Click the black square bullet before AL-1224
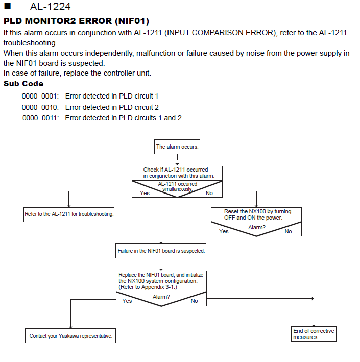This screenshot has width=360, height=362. pyautogui.click(x=7, y=6)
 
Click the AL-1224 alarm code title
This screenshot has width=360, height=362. pyautogui.click(x=50, y=7)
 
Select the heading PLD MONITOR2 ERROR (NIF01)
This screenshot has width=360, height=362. pyautogui.click(x=76, y=21)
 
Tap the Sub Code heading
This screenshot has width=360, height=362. pyautogui.click(x=23, y=84)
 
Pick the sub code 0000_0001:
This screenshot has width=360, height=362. pyautogui.click(x=40, y=96)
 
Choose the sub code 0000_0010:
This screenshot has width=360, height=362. pyautogui.click(x=40, y=107)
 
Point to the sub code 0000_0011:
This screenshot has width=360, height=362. pyautogui.click(x=41, y=118)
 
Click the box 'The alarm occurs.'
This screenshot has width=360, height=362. pyautogui.click(x=177, y=147)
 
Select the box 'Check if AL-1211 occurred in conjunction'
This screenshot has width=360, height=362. pyautogui.click(x=177, y=173)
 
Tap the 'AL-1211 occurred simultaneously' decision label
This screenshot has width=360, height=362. pyautogui.click(x=177, y=186)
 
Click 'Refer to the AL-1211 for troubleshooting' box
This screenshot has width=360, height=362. pyautogui.click(x=69, y=214)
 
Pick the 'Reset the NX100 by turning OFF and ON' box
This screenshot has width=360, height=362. pyautogui.click(x=256, y=215)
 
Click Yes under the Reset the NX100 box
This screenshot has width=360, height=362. pyautogui.click(x=224, y=231)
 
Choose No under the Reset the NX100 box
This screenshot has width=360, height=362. pyautogui.click(x=288, y=231)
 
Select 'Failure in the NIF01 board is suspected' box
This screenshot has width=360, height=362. pyautogui.click(x=161, y=251)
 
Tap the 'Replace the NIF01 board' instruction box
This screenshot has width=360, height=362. pyautogui.click(x=161, y=281)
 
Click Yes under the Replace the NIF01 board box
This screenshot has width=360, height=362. pyautogui.click(x=127, y=301)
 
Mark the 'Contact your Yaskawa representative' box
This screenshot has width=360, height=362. pyautogui.click(x=70, y=336)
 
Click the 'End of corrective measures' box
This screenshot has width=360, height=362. pyautogui.click(x=314, y=334)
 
